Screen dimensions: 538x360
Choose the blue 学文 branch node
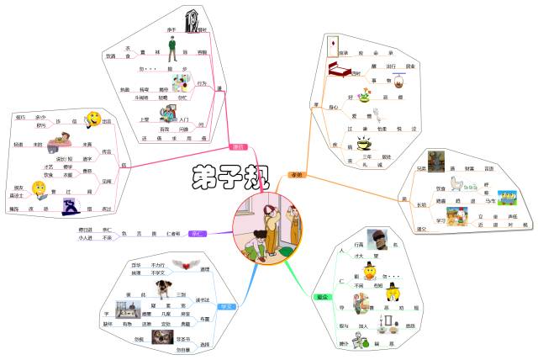point(224,307)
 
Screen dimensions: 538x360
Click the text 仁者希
point(174,231)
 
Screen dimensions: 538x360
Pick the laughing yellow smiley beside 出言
point(94,119)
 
